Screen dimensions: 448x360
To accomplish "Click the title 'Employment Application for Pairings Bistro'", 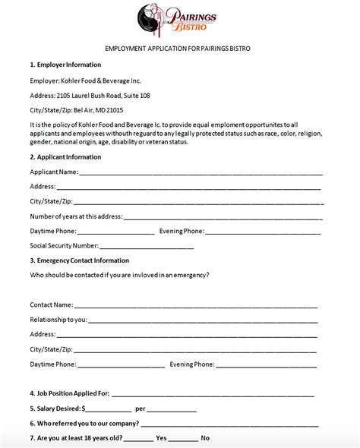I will [x=179, y=48].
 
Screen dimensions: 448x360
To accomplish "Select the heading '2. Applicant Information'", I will [x=65, y=157].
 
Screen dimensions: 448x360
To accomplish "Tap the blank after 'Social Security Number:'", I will [x=147, y=246].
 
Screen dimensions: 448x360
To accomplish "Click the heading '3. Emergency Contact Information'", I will [x=79, y=260].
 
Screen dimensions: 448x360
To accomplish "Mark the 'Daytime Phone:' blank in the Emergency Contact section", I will [x=122, y=364].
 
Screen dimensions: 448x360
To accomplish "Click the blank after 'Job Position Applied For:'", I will [x=213, y=394].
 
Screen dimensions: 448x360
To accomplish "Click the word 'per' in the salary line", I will [x=140, y=409].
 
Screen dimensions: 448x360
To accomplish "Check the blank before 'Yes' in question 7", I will [x=137, y=439].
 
